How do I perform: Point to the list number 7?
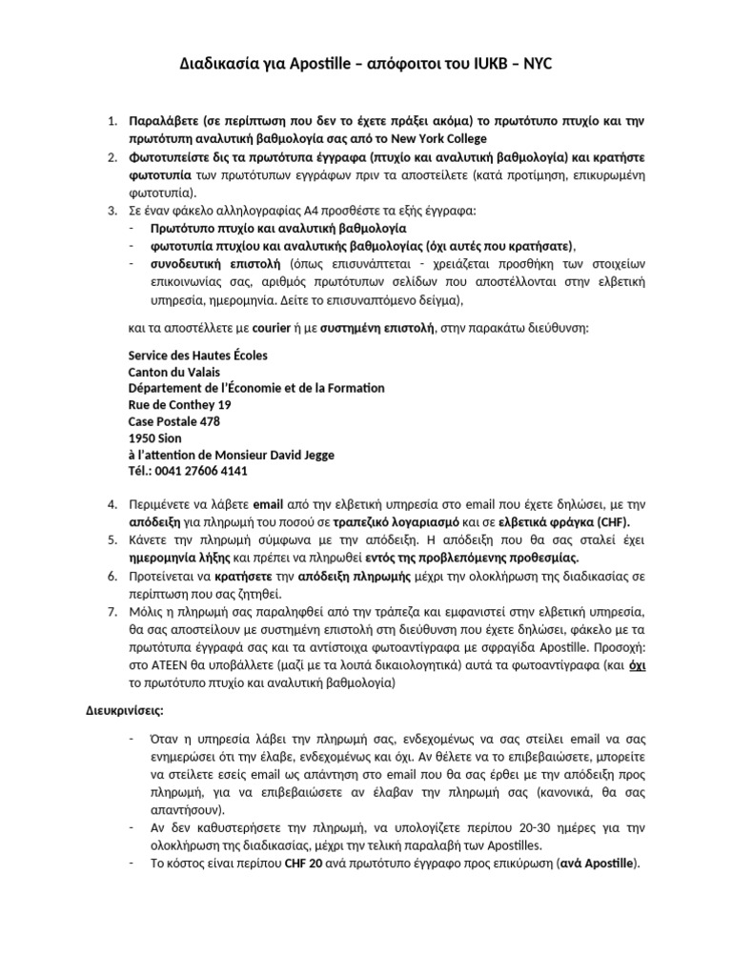(111, 610)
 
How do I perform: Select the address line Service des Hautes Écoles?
(197, 356)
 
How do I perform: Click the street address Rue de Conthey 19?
(179, 404)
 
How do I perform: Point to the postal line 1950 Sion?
(154, 437)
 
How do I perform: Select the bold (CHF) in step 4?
(612, 523)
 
